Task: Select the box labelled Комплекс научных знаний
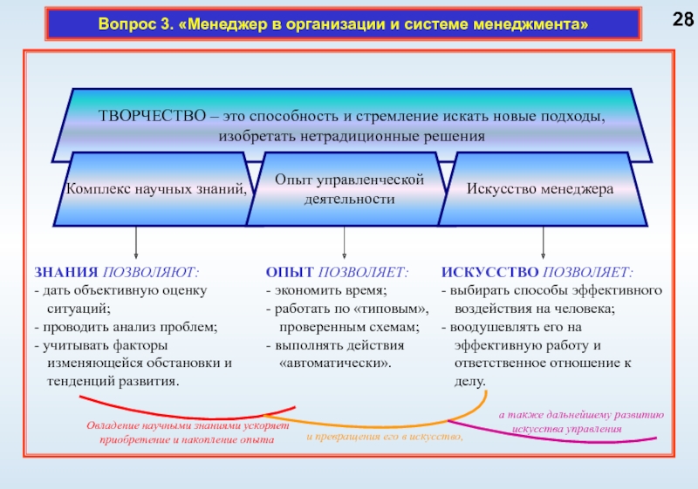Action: (154, 188)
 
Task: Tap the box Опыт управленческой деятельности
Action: (349, 188)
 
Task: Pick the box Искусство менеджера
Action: (540, 188)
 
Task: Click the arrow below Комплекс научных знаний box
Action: (135, 241)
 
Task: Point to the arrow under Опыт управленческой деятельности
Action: (346, 241)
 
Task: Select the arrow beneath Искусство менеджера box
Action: (544, 241)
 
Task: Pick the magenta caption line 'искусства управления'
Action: (567, 429)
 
